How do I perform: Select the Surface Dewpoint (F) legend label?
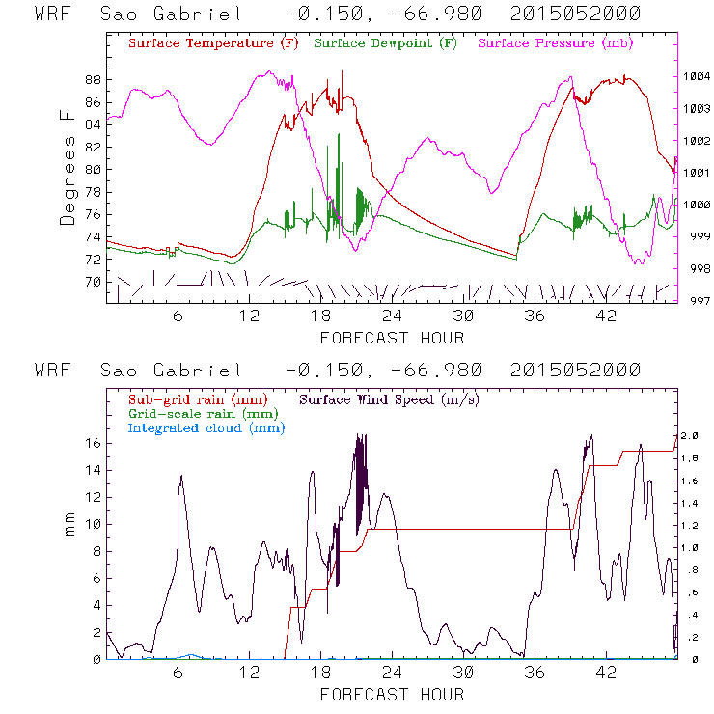click(385, 43)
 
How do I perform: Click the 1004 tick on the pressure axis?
click(697, 76)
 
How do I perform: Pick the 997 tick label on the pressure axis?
click(697, 300)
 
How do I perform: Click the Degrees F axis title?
click(67, 167)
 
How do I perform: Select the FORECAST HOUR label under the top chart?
click(392, 337)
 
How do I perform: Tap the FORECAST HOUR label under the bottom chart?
click(392, 694)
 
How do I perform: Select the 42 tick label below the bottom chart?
click(606, 673)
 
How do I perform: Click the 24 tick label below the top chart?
click(392, 316)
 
